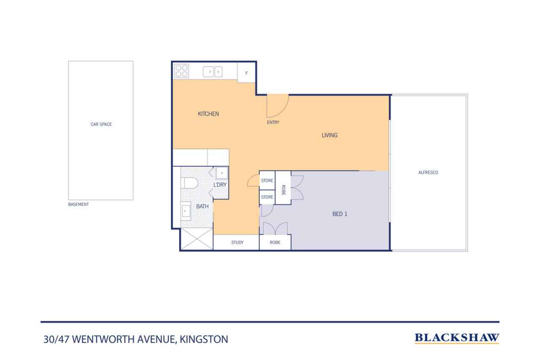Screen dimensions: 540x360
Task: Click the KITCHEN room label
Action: (208, 114)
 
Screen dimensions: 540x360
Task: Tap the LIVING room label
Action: (329, 135)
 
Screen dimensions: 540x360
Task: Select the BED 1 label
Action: (340, 214)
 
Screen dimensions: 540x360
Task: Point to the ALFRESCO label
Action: (428, 173)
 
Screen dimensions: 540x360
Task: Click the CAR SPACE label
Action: (101, 124)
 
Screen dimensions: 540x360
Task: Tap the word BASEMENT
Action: (78, 204)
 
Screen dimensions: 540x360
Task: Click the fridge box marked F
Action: (246, 73)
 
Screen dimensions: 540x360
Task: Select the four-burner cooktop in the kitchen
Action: (182, 71)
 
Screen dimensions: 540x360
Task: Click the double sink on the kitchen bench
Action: (213, 72)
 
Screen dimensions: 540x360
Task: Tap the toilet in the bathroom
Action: (189, 183)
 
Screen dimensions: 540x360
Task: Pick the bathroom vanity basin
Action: (186, 211)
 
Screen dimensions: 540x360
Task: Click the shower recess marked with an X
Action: (197, 239)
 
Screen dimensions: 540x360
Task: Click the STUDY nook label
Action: (238, 242)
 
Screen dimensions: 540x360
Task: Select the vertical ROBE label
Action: (283, 190)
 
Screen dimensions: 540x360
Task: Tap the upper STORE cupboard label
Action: (267, 180)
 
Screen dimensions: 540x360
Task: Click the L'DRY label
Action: (220, 185)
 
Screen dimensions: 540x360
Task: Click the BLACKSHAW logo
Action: (457, 338)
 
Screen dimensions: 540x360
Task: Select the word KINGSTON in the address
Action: (204, 339)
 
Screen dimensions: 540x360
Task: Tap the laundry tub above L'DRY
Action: (222, 173)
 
